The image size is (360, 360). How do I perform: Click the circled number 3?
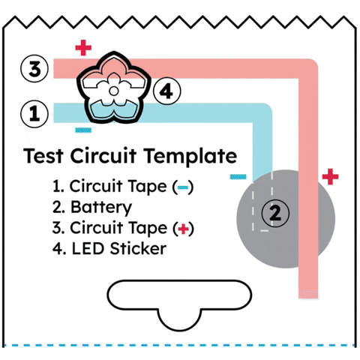click(34, 69)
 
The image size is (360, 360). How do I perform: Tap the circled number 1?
click(34, 114)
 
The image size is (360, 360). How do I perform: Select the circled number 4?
click(166, 91)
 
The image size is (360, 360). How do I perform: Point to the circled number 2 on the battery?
click(275, 213)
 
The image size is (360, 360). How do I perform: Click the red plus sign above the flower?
click(83, 47)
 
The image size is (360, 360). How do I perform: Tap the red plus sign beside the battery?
click(330, 176)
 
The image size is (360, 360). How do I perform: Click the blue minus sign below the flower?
click(83, 130)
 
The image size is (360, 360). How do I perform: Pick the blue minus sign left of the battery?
click(238, 177)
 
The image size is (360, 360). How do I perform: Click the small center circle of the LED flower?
click(114, 91)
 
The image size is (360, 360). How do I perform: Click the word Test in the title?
click(43, 156)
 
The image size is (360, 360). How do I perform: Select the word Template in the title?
click(190, 156)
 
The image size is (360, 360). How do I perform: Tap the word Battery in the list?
click(101, 207)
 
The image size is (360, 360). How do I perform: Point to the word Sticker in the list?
click(138, 248)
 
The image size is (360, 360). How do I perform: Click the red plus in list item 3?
click(184, 229)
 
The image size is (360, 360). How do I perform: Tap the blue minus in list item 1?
click(183, 187)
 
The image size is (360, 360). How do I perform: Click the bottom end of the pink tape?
click(308, 298)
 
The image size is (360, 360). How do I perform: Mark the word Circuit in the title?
click(103, 156)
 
